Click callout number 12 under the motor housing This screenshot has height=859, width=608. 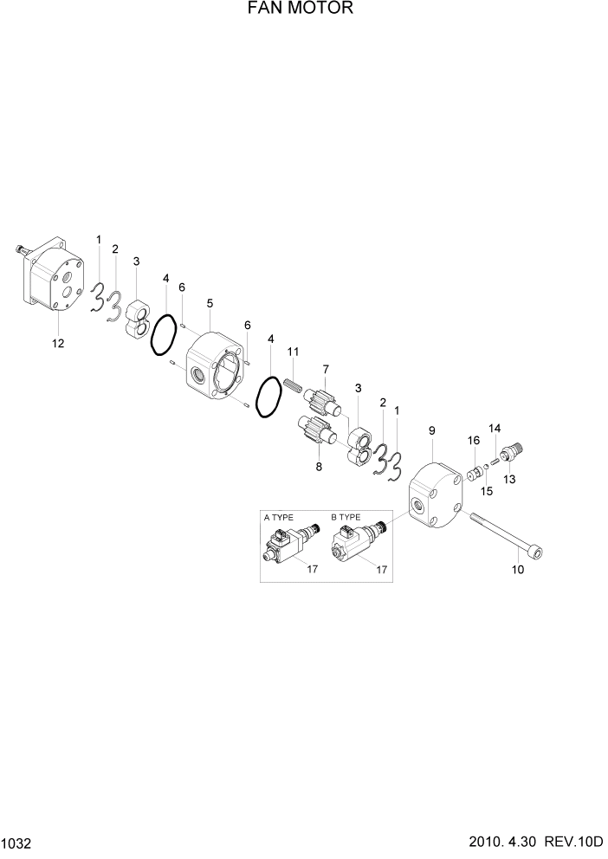pyautogui.click(x=58, y=343)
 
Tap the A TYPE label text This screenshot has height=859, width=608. pyautogui.click(x=279, y=517)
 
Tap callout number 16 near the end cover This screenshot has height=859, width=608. pyautogui.click(x=474, y=442)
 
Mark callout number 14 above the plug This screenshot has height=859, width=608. pyautogui.click(x=495, y=428)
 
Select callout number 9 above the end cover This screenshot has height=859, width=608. pyautogui.click(x=431, y=430)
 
